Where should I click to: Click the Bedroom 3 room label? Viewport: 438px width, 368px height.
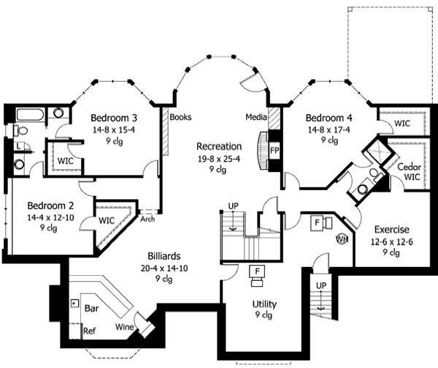tap(115, 118)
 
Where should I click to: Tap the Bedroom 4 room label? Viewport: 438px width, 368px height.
tap(329, 118)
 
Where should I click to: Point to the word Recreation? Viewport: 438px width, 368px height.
tap(219, 146)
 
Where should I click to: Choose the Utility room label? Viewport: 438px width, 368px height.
tap(264, 304)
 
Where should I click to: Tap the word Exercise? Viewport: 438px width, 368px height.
tap(391, 229)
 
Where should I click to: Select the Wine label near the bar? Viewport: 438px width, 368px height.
tap(124, 327)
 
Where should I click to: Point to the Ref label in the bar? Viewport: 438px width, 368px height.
tap(88, 331)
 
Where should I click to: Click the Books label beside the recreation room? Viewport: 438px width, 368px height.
tap(180, 116)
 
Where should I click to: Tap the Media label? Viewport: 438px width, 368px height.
tap(255, 116)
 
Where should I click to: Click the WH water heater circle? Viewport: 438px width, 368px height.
tap(341, 239)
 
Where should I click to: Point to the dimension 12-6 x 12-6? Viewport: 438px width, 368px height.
tap(391, 241)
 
